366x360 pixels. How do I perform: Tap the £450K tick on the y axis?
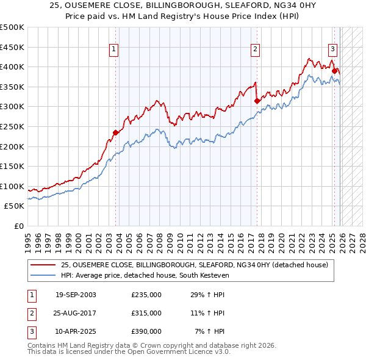(x=12, y=47)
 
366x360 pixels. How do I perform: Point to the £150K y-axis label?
(x=12, y=166)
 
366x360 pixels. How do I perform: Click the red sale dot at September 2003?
(x=115, y=132)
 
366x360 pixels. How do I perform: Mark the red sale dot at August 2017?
(x=256, y=101)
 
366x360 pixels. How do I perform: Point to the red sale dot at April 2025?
(x=334, y=71)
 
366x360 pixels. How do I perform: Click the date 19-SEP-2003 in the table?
(x=76, y=295)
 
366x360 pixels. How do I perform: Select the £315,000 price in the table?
(x=146, y=313)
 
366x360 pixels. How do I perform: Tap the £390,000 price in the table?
(x=146, y=331)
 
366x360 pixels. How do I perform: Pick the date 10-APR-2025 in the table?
(x=76, y=331)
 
